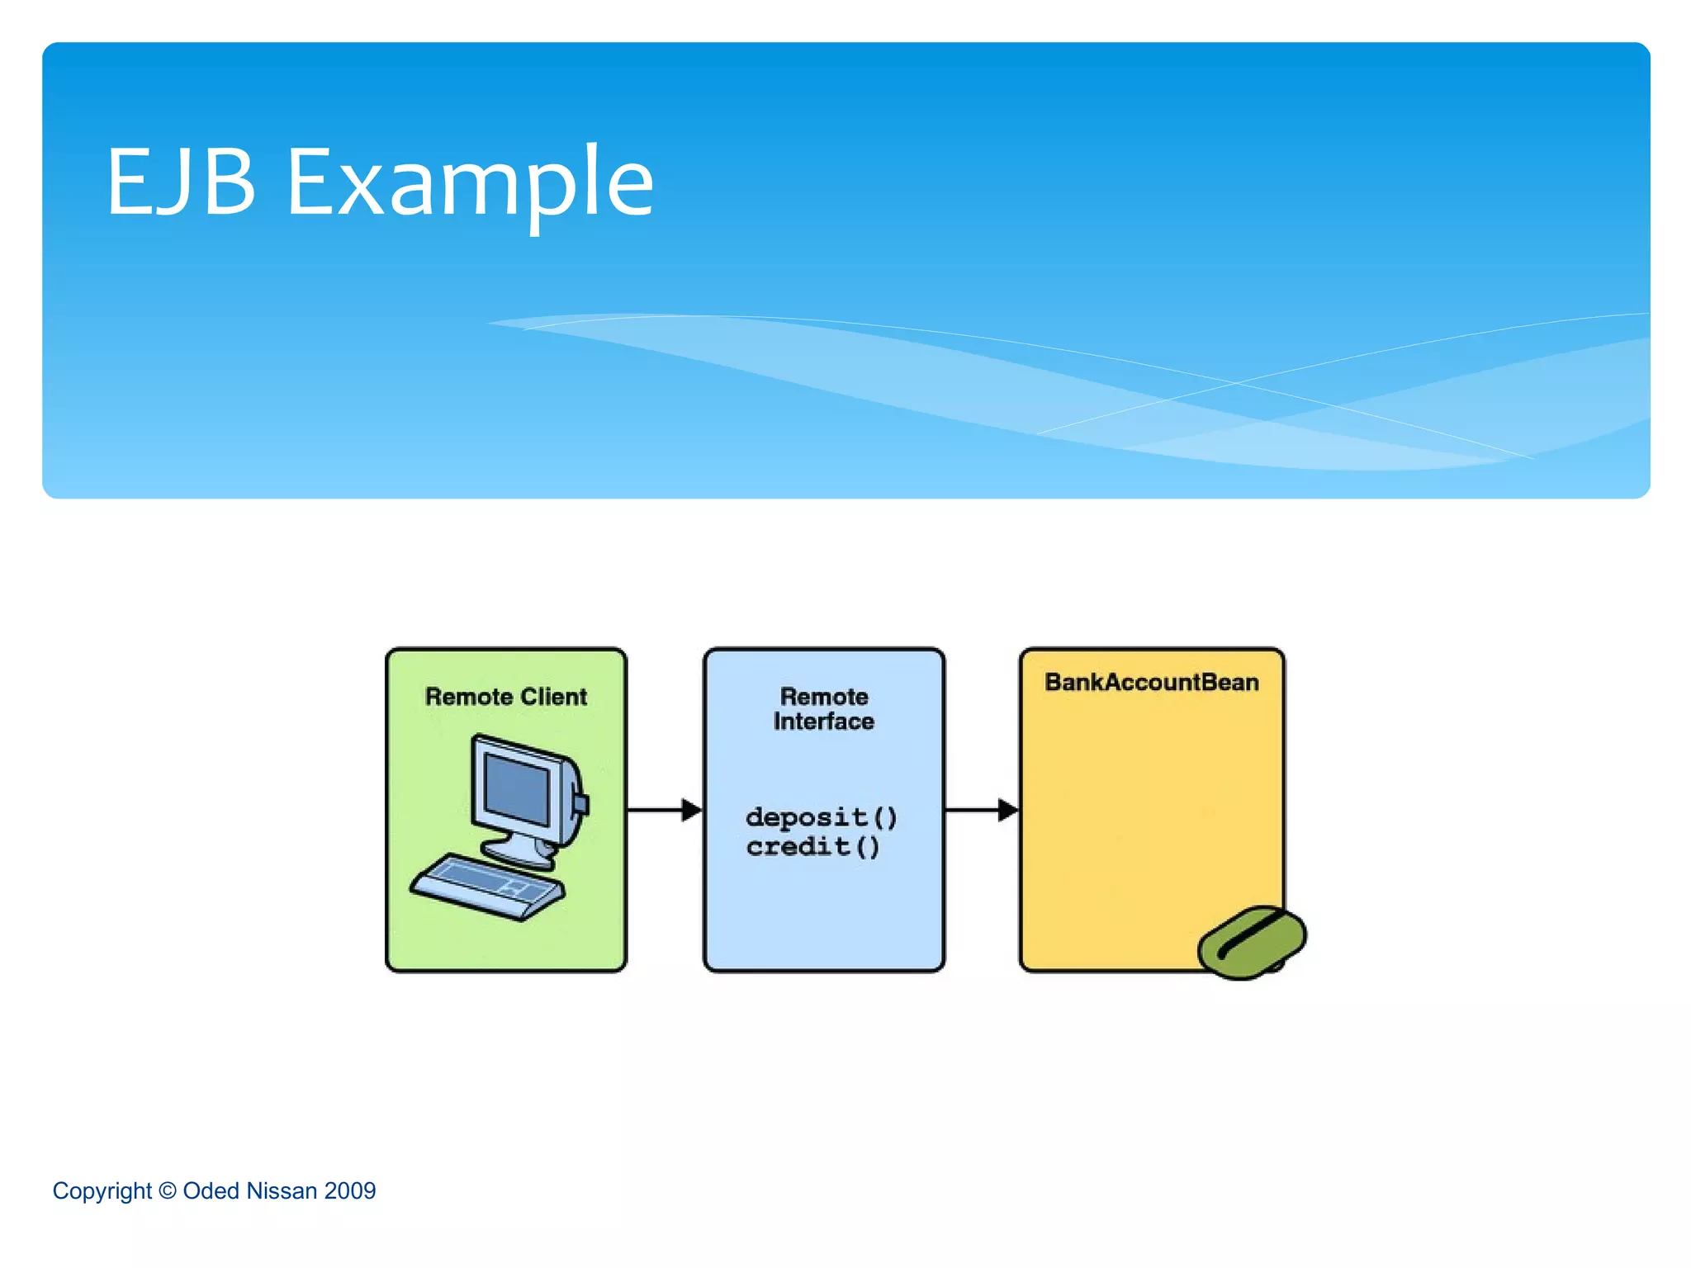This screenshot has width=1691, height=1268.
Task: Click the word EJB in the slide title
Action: pyautogui.click(x=181, y=182)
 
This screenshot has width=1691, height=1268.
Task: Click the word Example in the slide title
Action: pyautogui.click(x=470, y=183)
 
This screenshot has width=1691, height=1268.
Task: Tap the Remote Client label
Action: pyautogui.click(x=505, y=697)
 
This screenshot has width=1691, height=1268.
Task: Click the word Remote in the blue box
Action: pyautogui.click(x=824, y=697)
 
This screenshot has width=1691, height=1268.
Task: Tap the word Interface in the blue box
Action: pyautogui.click(x=824, y=722)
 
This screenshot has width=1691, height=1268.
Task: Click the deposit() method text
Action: pyautogui.click(x=821, y=817)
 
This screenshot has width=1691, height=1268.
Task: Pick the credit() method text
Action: pyautogui.click(x=813, y=847)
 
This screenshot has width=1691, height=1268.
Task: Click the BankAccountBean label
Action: pyautogui.click(x=1152, y=683)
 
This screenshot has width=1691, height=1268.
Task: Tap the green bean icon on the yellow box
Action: pyautogui.click(x=1252, y=942)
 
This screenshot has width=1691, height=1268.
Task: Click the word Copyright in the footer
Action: pyautogui.click(x=102, y=1191)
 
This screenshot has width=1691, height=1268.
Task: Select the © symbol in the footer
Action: pyautogui.click(x=168, y=1190)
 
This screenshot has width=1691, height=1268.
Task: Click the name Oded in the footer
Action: pyautogui.click(x=211, y=1190)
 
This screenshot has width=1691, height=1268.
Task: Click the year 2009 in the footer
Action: pyautogui.click(x=350, y=1190)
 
